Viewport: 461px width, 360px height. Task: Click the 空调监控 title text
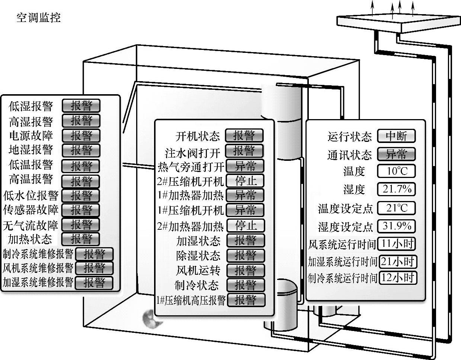coord(38,17)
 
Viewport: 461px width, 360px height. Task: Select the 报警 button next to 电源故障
coord(81,135)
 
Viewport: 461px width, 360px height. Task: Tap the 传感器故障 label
coord(31,210)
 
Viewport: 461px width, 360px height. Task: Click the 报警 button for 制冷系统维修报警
coord(94,254)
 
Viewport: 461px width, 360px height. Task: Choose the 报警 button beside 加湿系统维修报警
coord(94,283)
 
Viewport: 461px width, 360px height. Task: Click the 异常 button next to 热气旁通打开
coord(245,166)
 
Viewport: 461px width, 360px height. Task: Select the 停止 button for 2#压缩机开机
coord(245,181)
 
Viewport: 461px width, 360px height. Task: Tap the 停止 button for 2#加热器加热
coord(245,226)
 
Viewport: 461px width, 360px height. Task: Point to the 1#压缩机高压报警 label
coord(191,300)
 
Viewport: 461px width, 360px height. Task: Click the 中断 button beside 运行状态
coord(396,136)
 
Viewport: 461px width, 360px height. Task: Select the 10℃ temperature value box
coord(396,171)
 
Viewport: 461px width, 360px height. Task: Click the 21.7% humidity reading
coord(396,189)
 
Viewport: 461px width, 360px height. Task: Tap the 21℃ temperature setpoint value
coord(396,208)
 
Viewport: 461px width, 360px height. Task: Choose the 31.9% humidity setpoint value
coord(396,226)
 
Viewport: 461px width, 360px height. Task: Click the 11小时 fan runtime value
coord(397,244)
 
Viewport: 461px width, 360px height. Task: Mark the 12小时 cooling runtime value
coord(397,278)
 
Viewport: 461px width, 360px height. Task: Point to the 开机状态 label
coord(198,136)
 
